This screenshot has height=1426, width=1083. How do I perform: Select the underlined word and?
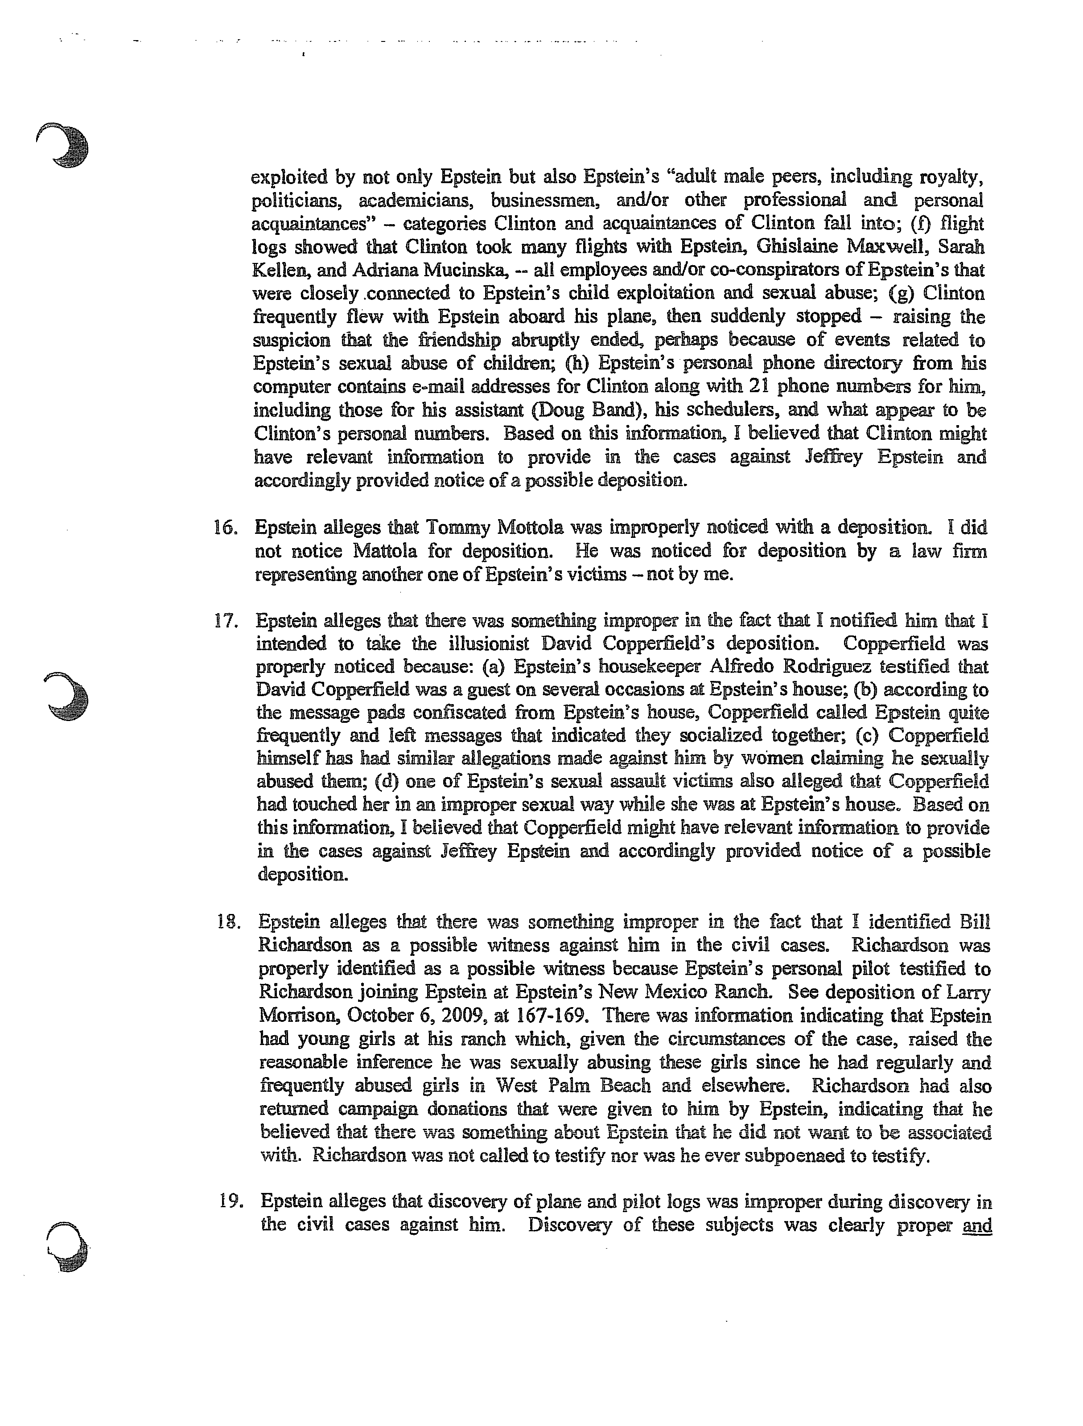(x=976, y=1225)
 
